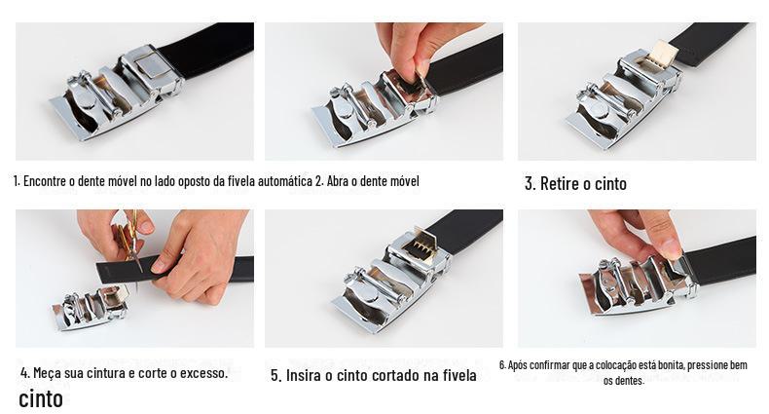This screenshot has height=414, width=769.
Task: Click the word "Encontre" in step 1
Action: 44,181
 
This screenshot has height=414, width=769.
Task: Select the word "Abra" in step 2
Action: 338,181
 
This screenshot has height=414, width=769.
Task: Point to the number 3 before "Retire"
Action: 530,183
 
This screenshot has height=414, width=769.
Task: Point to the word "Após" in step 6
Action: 518,365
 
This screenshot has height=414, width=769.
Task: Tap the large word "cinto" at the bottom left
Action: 41,398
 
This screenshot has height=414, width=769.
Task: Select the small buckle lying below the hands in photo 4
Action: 91,307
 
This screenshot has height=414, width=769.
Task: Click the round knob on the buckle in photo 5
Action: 365,294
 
